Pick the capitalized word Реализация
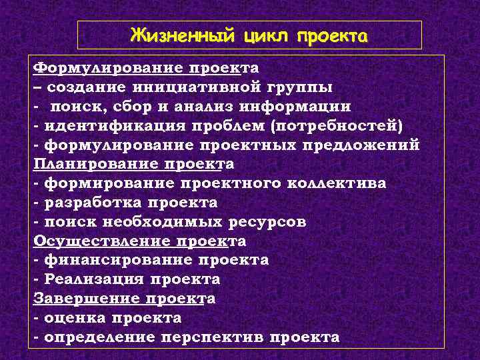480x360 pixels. (93, 279)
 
